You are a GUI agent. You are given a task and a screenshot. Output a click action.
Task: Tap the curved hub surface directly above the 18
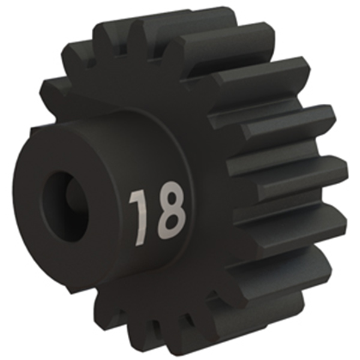coord(147,147)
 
